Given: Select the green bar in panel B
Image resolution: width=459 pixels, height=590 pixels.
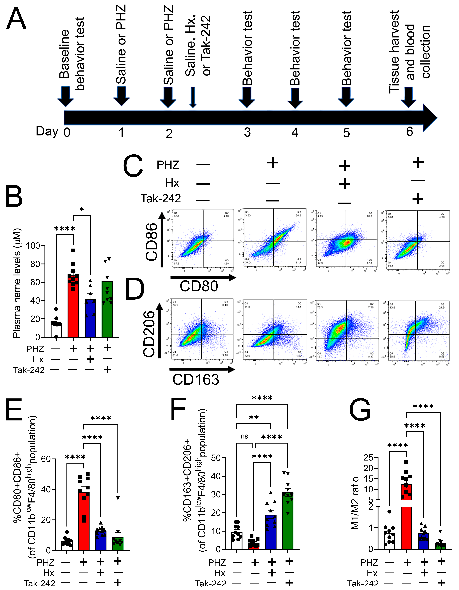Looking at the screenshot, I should (107, 311).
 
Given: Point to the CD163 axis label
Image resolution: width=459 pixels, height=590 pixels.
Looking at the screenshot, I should (196, 380).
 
